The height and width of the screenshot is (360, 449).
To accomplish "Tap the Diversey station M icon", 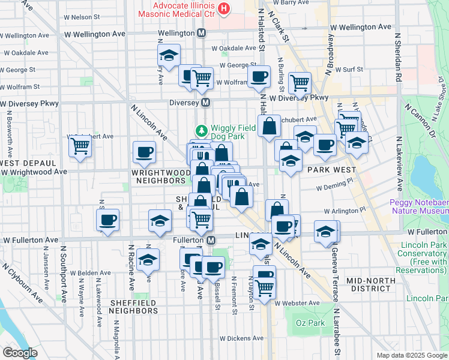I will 206,103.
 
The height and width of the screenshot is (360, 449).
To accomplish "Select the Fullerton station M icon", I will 211,240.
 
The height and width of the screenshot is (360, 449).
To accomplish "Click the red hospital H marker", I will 224,8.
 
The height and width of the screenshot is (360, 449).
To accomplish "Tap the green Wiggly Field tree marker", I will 202,130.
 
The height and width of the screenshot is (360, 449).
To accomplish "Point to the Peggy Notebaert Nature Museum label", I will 418,206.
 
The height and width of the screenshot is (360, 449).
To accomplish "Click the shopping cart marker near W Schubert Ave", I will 80,145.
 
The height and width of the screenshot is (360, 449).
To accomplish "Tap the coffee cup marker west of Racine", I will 108,220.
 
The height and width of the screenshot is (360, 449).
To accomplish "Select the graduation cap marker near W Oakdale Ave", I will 169,56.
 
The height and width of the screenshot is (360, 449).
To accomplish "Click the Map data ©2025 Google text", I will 411,355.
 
